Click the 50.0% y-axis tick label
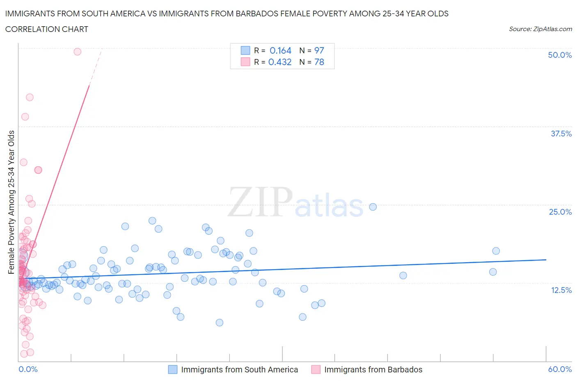coord(560,55)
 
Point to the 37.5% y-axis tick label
coord(561,134)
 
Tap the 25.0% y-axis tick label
coord(560,212)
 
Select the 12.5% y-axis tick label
coord(561,290)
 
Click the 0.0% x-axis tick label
coord(28,369)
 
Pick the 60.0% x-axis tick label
coord(560,369)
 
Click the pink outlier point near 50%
coord(77,52)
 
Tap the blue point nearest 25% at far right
coord(373,207)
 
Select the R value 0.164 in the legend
coord(280,50)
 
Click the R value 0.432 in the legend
coord(280,62)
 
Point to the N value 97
coord(319,50)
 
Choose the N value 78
coord(319,62)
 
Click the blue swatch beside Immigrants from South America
coord(173,370)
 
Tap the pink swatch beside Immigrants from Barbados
coord(316,370)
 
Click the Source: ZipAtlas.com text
coord(540,29)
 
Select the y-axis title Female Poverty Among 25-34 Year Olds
coord(11,202)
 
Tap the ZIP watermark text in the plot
coord(260,202)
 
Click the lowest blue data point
coord(220,322)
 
